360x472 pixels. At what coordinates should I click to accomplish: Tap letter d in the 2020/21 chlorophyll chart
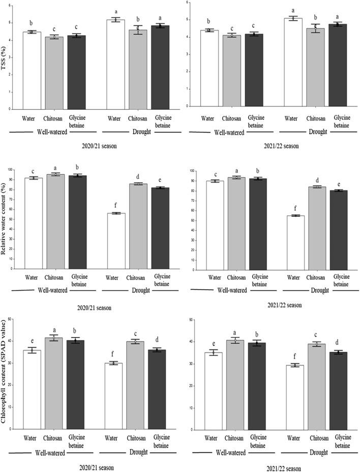coord(160,343)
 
